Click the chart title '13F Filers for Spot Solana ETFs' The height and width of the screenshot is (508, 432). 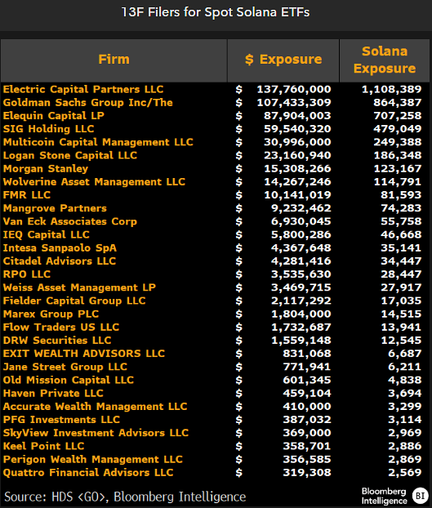pos(216,12)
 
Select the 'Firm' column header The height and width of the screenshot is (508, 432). pos(114,59)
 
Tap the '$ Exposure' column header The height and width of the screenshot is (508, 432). pos(283,59)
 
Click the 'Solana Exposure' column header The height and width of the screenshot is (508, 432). pos(385,60)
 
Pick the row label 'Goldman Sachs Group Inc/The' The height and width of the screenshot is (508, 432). pos(88,102)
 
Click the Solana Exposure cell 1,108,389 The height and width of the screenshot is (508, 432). pos(389,89)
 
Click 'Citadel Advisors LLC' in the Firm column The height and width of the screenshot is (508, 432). pos(60,261)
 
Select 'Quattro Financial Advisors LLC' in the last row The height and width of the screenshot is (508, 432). pos(88,472)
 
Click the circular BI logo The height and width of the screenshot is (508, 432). pos(420,495)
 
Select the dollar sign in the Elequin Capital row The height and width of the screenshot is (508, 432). pos(239,115)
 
